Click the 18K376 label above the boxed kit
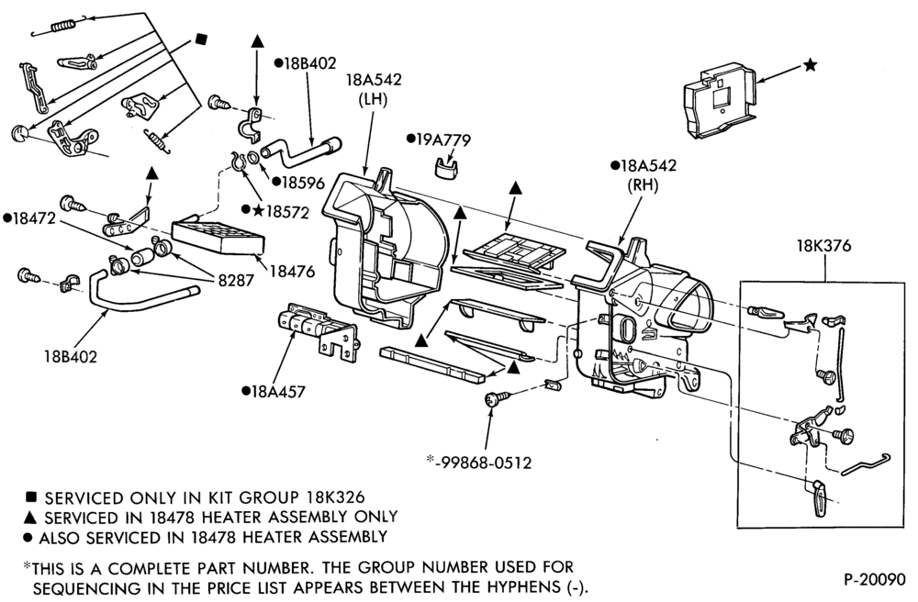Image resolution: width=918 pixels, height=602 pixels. tap(823, 246)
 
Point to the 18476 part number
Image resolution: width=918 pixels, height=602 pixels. tap(292, 272)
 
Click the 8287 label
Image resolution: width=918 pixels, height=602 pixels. tap(236, 280)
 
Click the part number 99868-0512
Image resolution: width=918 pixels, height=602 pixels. tap(486, 463)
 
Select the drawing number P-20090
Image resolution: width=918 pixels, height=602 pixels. tap(874, 579)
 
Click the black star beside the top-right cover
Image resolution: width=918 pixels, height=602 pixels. tap(810, 64)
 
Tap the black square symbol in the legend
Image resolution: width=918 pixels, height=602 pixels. tap(31, 496)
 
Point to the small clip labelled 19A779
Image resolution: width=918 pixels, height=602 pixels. tap(447, 167)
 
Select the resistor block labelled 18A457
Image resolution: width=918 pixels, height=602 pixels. tap(316, 330)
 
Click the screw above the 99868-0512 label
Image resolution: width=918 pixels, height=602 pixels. tap(497, 398)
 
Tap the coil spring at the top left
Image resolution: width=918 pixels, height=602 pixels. tap(63, 26)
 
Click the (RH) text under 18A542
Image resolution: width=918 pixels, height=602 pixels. tap(643, 185)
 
